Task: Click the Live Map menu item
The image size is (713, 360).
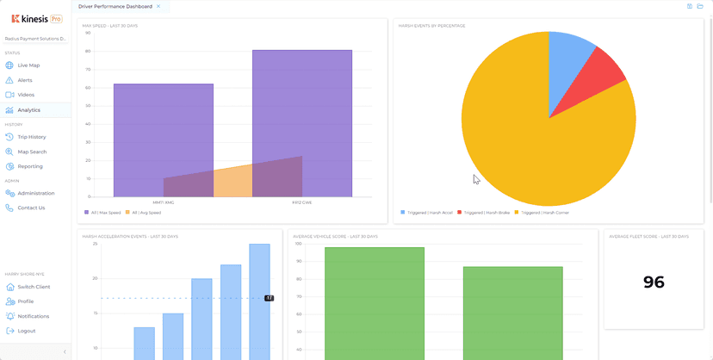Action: pos(28,65)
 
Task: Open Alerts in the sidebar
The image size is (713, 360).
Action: pos(25,80)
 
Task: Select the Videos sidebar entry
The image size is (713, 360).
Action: pos(26,95)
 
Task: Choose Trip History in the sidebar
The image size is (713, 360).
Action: pos(32,137)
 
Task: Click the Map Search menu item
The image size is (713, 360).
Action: pos(32,152)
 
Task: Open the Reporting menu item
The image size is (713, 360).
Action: pos(30,166)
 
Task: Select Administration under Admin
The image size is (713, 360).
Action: pos(35,193)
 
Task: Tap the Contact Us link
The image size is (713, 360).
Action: pos(31,208)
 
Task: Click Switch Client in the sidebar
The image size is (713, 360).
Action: pos(34,287)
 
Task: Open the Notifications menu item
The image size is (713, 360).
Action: pos(34,316)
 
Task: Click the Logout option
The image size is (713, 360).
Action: pos(27,331)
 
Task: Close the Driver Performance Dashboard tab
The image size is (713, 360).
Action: pos(158,6)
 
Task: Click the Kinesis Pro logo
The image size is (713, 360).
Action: pos(36,18)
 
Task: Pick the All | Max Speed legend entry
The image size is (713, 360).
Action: pos(102,212)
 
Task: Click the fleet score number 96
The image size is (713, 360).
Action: pos(654,282)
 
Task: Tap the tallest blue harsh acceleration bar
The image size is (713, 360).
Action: pos(259,301)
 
